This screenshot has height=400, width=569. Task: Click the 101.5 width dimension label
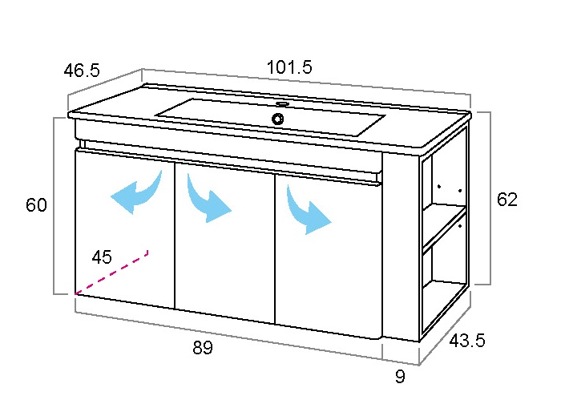[x=289, y=67]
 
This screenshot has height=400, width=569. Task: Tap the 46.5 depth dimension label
[x=82, y=70]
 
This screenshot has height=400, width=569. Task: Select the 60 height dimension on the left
[x=36, y=205]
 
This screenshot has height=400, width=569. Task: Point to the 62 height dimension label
[x=507, y=200]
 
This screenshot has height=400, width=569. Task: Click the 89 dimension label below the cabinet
[x=203, y=347]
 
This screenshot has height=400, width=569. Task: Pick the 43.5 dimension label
[x=467, y=341]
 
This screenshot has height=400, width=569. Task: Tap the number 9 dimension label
[x=400, y=377]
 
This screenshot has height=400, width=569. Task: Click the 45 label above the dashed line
[x=102, y=257]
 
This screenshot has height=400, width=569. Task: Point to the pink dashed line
[x=111, y=273]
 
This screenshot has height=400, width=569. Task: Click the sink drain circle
[x=278, y=119]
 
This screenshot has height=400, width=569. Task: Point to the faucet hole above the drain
[x=282, y=104]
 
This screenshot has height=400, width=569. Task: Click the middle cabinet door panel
[x=225, y=243]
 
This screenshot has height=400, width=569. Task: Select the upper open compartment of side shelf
[x=445, y=181]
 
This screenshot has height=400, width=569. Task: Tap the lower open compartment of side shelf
[x=445, y=283]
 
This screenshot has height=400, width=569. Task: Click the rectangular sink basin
[x=270, y=117]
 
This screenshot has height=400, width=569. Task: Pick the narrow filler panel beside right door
[x=401, y=247]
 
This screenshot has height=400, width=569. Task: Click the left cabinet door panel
[x=125, y=228]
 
